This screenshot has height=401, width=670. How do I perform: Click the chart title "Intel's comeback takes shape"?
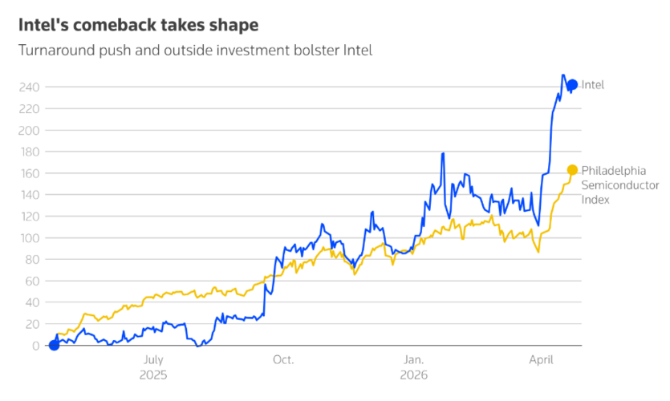[139, 25]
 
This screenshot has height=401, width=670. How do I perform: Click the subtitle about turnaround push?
[195, 51]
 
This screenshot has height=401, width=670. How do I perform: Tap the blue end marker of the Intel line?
[572, 85]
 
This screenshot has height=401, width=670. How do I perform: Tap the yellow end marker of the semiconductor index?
[572, 170]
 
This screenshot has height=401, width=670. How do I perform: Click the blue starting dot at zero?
[54, 346]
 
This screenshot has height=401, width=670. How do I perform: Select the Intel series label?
[593, 85]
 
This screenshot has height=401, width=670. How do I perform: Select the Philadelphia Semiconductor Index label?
[619, 184]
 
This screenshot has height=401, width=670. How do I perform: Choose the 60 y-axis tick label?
[32, 282]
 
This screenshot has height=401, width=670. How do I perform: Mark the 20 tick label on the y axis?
[32, 325]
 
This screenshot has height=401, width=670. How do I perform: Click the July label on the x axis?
[152, 361]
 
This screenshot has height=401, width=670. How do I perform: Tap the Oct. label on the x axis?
[283, 361]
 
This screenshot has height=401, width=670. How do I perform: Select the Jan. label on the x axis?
[414, 361]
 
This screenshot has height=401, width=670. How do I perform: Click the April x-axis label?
[542, 361]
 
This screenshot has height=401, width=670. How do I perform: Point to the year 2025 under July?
[152, 375]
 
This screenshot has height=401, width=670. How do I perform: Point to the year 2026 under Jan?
[414, 375]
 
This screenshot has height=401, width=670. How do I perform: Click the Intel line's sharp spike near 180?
[443, 154]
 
